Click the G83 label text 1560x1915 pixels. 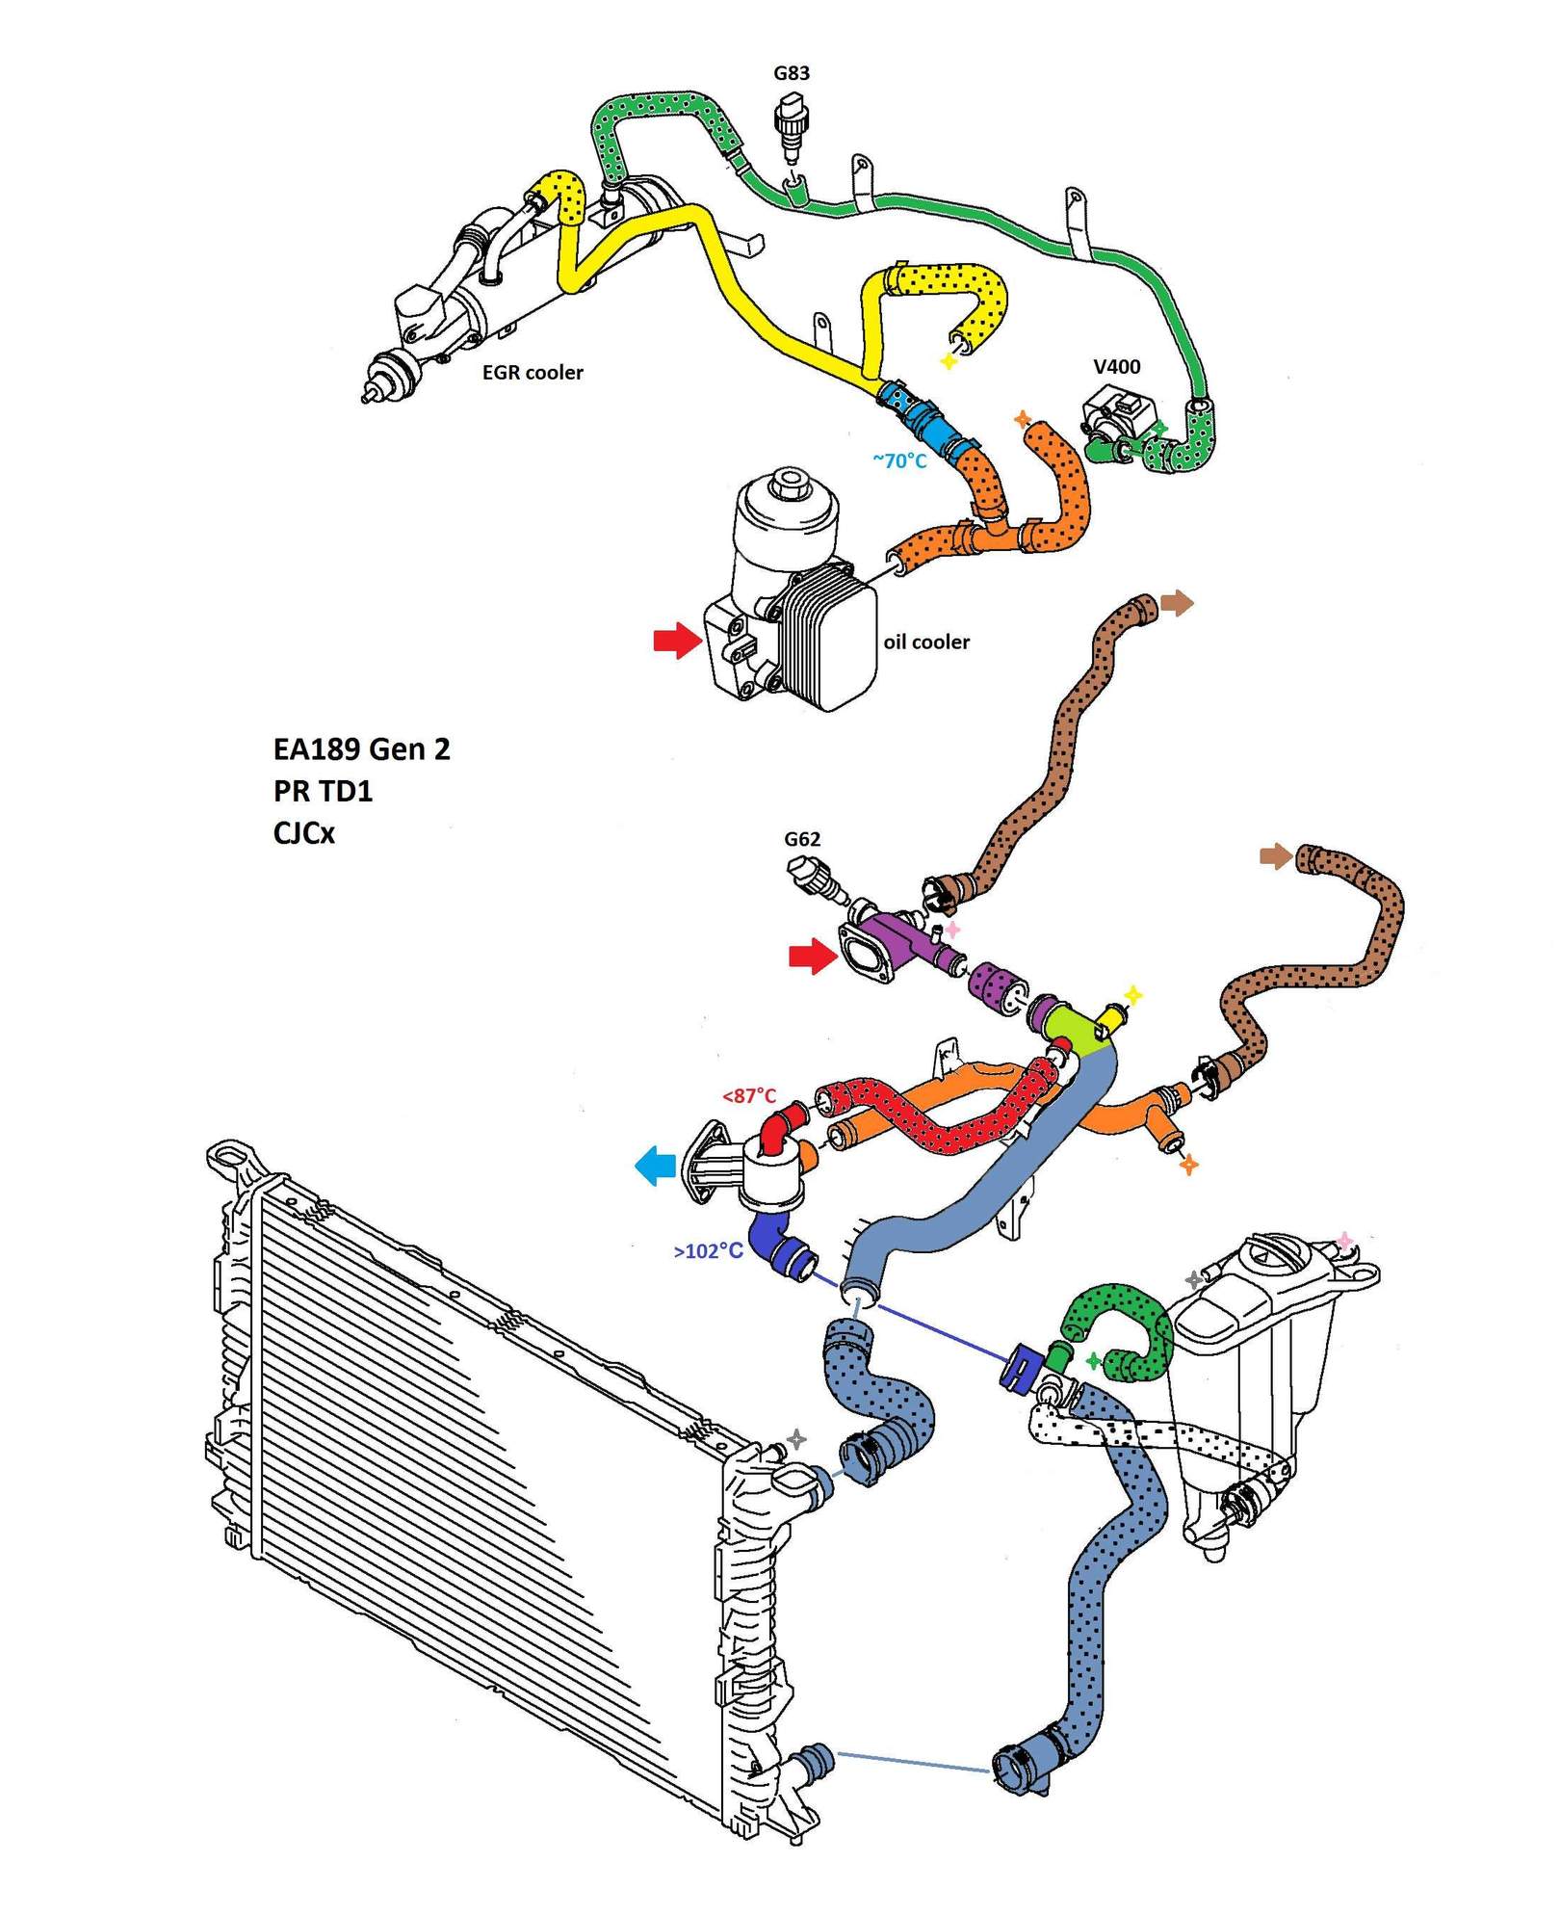[x=792, y=73]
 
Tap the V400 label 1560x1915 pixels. [x=1116, y=366]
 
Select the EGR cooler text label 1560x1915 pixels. [x=533, y=373]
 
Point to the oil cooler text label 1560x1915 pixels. [x=926, y=642]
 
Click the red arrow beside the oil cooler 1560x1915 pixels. [x=677, y=639]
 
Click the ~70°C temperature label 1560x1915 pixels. [x=899, y=460]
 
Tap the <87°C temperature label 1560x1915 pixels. [x=749, y=1095]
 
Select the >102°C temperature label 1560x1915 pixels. [x=708, y=1251]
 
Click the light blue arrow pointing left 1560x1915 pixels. [x=656, y=1166]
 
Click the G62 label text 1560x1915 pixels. [x=802, y=839]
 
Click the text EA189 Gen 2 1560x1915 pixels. [x=361, y=749]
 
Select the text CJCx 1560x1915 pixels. [x=303, y=833]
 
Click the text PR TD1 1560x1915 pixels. [x=323, y=791]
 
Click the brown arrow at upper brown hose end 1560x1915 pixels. [x=1177, y=604]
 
